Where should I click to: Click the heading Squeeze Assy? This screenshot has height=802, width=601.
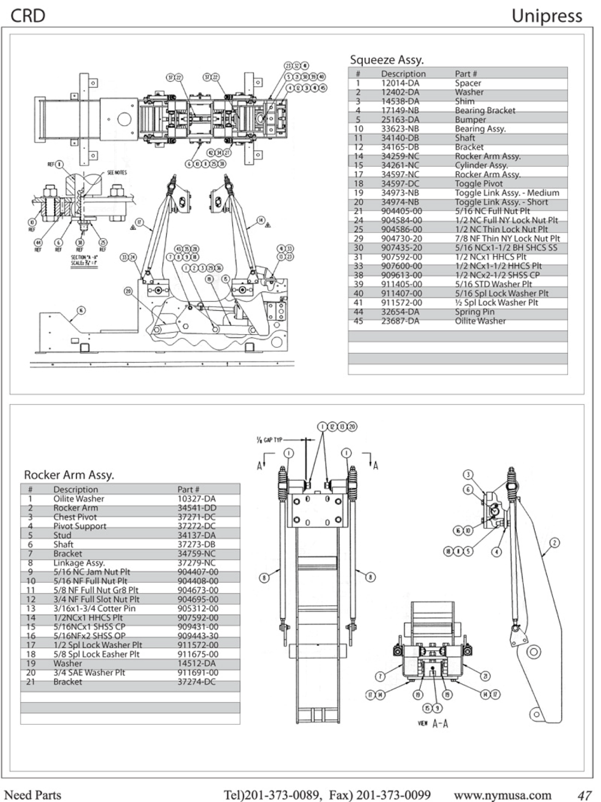coord(386,60)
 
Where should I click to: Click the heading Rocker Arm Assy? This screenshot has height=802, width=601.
coord(69,475)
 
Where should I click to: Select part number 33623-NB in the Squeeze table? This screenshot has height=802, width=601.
coord(400,129)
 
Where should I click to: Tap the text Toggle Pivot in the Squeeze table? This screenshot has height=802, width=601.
coord(478,184)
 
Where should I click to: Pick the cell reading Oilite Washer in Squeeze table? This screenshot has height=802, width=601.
coord(480,321)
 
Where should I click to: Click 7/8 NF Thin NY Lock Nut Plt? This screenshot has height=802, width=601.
coord(507,239)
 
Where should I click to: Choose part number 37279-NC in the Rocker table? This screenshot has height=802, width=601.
coord(196,563)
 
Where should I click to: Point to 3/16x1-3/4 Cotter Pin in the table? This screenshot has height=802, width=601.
coord(94,608)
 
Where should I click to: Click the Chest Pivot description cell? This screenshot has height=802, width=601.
coord(75,517)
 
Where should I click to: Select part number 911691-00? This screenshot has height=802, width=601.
coord(198,673)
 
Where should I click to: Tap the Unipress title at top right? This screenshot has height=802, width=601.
coord(546,16)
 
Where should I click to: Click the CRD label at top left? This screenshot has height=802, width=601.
coord(28,16)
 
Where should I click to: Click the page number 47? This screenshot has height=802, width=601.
coord(584,795)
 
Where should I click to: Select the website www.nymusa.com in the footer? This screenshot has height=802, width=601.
coord(503,795)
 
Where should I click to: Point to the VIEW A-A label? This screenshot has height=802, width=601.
coord(433,723)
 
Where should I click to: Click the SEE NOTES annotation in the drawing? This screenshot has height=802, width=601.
coord(117,172)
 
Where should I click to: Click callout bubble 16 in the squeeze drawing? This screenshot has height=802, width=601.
coord(81,310)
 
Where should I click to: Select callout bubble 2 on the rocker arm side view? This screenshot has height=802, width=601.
coord(554,543)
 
